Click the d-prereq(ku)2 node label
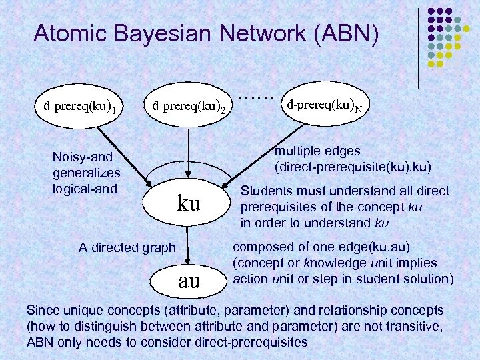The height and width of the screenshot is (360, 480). tap(189, 106)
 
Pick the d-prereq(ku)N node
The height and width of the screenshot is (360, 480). tap(325, 105)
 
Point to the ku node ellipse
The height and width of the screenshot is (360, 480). tap(189, 203)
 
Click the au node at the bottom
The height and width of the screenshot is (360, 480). tap(189, 281)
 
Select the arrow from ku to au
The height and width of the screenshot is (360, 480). tap(189, 243)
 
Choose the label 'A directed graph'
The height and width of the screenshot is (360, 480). tap(127, 247)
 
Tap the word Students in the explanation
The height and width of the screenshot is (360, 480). tap(266, 191)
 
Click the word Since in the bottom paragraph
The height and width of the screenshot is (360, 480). tap(41, 310)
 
